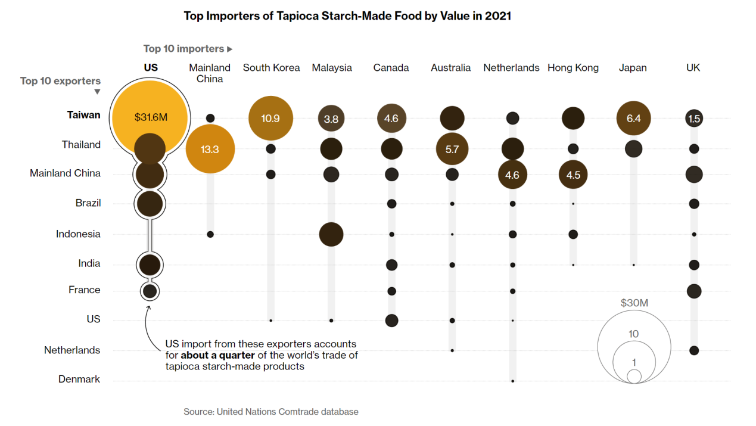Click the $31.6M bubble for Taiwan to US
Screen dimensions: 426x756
[x=151, y=117]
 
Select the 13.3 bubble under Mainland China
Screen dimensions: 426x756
[x=210, y=149]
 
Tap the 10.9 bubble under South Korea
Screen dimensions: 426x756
[x=270, y=118]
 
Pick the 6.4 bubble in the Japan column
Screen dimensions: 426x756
[x=633, y=118]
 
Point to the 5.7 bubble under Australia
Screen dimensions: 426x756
[x=452, y=149]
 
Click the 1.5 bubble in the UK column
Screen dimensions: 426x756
[x=693, y=119]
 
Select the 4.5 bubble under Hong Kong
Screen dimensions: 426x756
[x=573, y=175]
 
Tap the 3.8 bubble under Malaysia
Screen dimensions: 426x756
[x=331, y=119]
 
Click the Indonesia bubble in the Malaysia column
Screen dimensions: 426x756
[x=331, y=234]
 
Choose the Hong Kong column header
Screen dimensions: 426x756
[x=573, y=68]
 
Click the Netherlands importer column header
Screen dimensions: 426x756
[x=511, y=68]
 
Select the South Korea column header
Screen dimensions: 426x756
[x=271, y=68]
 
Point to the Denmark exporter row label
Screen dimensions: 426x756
[x=79, y=379]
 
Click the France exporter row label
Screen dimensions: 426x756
[x=84, y=290]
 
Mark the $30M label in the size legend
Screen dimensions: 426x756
[x=634, y=303]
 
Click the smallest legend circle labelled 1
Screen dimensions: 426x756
[x=634, y=376]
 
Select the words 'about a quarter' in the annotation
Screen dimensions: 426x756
[x=217, y=355]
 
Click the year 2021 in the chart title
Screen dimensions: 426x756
[x=498, y=16]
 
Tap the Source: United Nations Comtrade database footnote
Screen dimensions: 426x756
[x=271, y=412]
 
